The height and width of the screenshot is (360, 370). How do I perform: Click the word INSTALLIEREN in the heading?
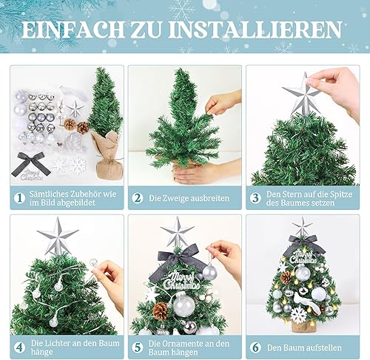[x=255, y=30]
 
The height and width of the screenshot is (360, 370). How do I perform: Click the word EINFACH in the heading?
[x=73, y=30]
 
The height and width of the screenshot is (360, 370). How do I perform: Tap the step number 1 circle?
[x=19, y=198]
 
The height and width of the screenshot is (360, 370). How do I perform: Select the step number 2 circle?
[x=138, y=198]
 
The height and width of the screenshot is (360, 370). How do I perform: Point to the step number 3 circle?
[x=255, y=198]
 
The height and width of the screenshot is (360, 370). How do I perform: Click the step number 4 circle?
[x=19, y=347]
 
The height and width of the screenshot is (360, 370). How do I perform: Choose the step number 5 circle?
[x=138, y=347]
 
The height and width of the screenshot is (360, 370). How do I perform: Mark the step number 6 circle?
[x=255, y=347]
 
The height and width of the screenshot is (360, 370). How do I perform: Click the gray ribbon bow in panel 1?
[x=31, y=163]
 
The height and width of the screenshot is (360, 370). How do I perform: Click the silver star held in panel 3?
[x=301, y=94]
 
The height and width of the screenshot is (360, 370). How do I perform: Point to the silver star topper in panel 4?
[x=57, y=236]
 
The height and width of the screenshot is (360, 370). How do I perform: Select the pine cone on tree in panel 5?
[x=160, y=311]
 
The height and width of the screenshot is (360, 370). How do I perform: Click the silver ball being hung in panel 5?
[x=210, y=272]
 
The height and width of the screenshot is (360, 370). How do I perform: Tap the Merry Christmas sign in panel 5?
[x=181, y=279]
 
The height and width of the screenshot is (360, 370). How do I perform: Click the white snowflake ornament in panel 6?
[x=299, y=315]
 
